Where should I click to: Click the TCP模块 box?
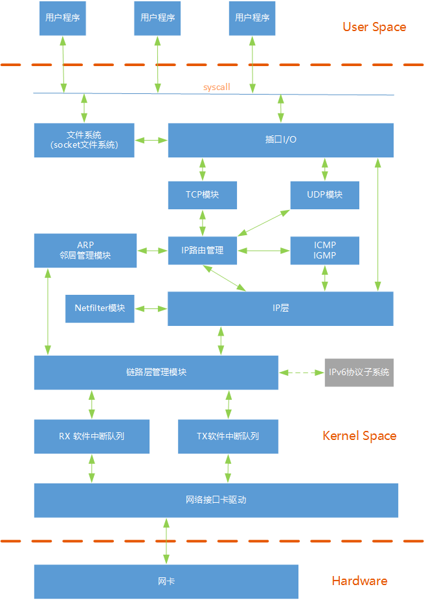[x=202, y=195]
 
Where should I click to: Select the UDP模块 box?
[x=324, y=195]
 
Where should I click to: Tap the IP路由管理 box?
[x=202, y=250]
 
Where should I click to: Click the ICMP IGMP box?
[x=324, y=250]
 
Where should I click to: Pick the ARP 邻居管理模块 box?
[x=85, y=250]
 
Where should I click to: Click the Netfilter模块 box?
[x=100, y=308]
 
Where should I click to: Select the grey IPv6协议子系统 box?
[x=359, y=373]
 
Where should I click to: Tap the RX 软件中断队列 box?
[x=91, y=436]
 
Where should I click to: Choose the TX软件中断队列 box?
[x=228, y=436]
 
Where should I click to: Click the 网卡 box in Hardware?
[x=166, y=581]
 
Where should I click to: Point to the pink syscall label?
[x=216, y=87]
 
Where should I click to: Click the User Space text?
[x=374, y=27]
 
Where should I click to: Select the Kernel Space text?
[x=359, y=436]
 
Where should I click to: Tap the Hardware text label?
[x=359, y=581]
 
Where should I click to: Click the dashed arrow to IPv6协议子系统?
[x=301, y=373]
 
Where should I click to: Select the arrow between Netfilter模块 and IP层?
[x=151, y=308]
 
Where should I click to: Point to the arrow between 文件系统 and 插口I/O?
[x=151, y=140]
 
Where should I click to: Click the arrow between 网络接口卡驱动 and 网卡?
[x=166, y=541]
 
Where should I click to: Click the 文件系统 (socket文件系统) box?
[x=84, y=140]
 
